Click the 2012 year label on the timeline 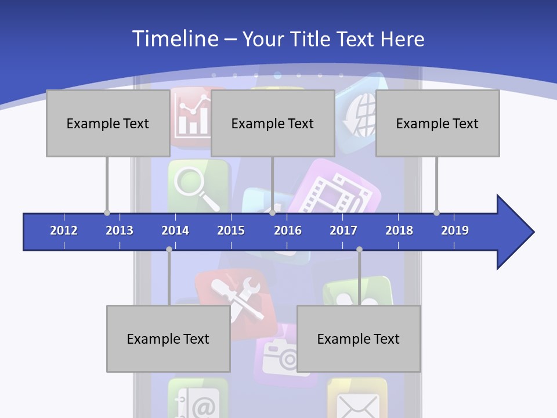64,230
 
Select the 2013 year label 120,230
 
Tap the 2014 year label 175,230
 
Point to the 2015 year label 231,230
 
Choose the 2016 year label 288,230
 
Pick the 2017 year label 343,230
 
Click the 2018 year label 399,230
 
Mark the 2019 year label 455,230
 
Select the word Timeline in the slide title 173,39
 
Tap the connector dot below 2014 169,250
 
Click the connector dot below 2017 359,250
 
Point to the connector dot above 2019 437,212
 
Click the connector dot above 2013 107,212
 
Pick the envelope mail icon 357,403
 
